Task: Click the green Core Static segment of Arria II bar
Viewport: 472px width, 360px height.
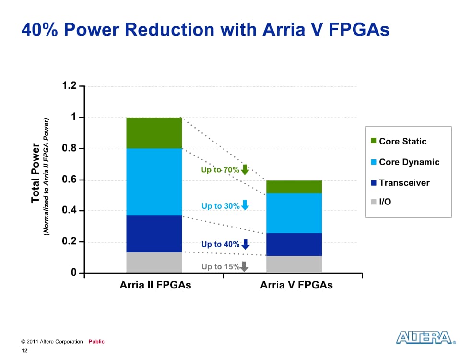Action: point(154,132)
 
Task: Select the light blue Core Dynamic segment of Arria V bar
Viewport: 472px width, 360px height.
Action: point(294,213)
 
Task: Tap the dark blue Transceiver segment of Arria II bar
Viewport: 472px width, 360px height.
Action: point(154,233)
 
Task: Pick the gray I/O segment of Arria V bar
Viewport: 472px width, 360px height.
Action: point(294,264)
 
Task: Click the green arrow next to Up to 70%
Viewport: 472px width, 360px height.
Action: point(245,169)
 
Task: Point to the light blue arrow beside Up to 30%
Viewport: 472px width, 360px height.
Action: point(245,205)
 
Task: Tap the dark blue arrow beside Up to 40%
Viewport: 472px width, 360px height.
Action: point(245,244)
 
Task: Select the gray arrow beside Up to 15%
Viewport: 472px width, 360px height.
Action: point(244,266)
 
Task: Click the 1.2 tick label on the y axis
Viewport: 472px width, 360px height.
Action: point(69,86)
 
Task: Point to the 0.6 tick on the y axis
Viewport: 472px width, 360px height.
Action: point(69,180)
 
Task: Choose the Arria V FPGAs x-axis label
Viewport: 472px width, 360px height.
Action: point(296,285)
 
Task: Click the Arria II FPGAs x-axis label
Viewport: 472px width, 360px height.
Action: point(155,285)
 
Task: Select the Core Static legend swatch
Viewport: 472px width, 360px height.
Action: point(374,141)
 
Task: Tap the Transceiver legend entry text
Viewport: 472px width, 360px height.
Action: point(404,182)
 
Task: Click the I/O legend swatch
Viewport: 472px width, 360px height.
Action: point(374,202)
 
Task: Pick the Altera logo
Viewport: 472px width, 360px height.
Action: point(425,337)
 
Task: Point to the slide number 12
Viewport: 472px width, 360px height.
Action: point(24,351)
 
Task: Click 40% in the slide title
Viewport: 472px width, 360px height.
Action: point(39,30)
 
